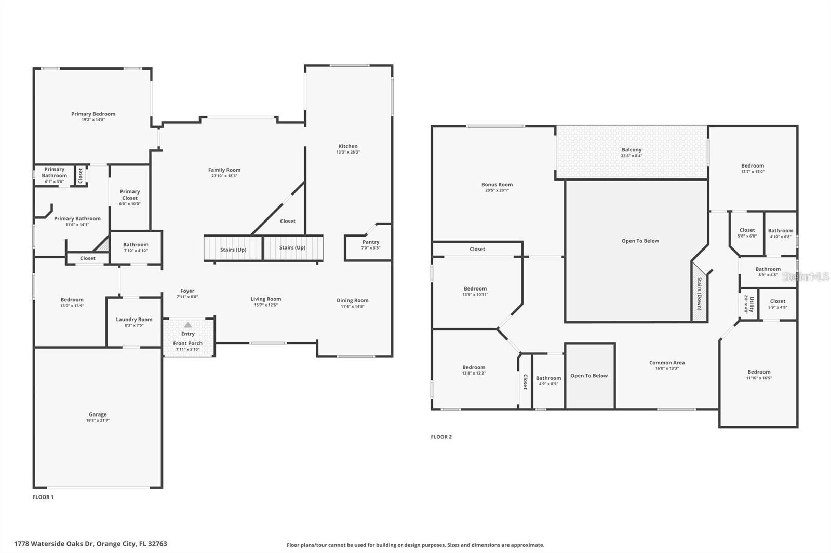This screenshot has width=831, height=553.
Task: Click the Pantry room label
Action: pyautogui.click(x=371, y=242)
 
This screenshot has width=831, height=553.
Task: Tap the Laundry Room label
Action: pyautogui.click(x=134, y=320)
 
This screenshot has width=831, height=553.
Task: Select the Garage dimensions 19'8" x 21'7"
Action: pyautogui.click(x=98, y=421)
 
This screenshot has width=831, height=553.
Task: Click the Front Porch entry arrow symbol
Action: pyautogui.click(x=188, y=325)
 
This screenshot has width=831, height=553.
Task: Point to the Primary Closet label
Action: pyautogui.click(x=130, y=195)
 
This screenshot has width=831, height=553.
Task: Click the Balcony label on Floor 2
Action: pyautogui.click(x=632, y=150)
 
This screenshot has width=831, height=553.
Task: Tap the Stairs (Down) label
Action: pyautogui.click(x=699, y=293)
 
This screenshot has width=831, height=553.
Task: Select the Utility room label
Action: pyautogui.click(x=751, y=304)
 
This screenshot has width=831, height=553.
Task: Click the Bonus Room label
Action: pyautogui.click(x=497, y=185)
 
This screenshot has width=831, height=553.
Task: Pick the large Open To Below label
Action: pyautogui.click(x=640, y=241)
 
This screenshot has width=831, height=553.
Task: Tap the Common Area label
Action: pyautogui.click(x=666, y=363)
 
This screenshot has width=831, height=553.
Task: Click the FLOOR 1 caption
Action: pyautogui.click(x=43, y=497)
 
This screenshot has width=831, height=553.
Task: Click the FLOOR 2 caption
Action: pyautogui.click(x=441, y=437)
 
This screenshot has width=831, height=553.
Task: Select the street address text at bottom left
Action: pyautogui.click(x=90, y=544)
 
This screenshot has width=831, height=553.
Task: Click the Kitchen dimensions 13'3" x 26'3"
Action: pyautogui.click(x=348, y=153)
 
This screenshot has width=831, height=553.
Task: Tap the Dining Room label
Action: pyautogui.click(x=352, y=300)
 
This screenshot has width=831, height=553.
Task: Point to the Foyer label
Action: pyautogui.click(x=187, y=291)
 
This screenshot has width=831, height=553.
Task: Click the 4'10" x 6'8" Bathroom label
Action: pyautogui.click(x=780, y=231)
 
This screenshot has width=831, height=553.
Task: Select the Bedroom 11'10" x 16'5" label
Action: pyautogui.click(x=759, y=372)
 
